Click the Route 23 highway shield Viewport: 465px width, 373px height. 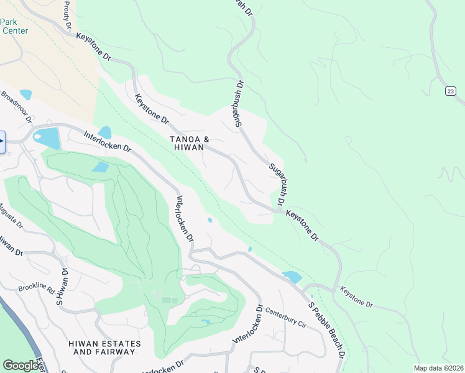coord(449,91)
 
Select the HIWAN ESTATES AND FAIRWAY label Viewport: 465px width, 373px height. coord(104,348)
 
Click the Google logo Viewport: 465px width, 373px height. coord(21,365)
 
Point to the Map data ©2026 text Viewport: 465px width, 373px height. coord(438,368)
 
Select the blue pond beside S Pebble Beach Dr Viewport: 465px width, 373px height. coord(291,277)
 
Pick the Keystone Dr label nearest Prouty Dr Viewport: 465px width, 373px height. coord(93,46)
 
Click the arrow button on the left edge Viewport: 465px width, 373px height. coord(2,141)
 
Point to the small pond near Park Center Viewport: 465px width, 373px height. coord(25,94)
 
